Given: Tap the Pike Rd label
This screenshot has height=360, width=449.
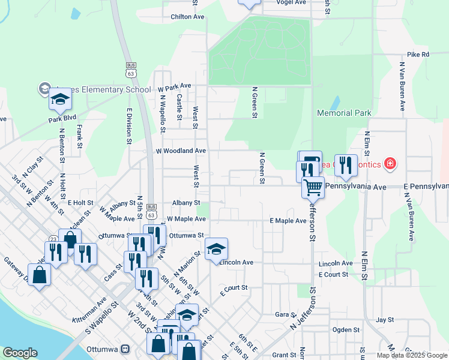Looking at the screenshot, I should click(418, 55).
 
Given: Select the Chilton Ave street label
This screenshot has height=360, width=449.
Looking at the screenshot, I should click(187, 17).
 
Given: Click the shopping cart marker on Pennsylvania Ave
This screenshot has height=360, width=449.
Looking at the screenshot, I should click(313, 187).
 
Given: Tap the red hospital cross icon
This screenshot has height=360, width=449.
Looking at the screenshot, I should click(390, 163).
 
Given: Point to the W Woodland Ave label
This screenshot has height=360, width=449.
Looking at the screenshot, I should click(181, 151).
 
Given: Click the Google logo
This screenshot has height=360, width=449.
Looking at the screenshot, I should click(20, 353).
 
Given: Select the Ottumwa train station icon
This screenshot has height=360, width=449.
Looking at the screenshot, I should click(125, 349).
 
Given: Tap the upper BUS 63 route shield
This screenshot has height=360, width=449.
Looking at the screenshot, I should click(131, 69).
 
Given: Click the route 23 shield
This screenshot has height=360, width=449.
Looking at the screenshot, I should click(53, 239).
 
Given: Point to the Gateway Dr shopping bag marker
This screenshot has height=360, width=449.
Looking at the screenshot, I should click(39, 275).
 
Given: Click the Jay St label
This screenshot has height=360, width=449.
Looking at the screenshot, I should click(384, 320).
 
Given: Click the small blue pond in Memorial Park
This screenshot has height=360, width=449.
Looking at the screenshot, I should click(335, 103).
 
